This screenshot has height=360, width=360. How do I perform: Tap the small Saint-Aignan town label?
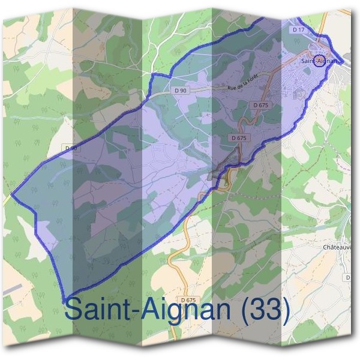click(x=318, y=61)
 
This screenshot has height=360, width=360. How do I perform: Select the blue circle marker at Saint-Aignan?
click(x=320, y=60)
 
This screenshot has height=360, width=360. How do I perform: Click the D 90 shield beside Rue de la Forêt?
click(x=179, y=90)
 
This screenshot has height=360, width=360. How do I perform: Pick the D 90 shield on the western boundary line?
click(x=71, y=147)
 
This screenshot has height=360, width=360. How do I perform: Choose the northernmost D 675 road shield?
click(x=262, y=105)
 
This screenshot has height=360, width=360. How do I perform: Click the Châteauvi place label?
click(x=341, y=247)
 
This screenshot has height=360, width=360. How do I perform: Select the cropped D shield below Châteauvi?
click(x=349, y=278)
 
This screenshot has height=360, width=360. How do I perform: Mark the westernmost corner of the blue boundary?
click(x=11, y=194)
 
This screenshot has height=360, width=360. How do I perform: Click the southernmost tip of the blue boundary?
click(x=63, y=300)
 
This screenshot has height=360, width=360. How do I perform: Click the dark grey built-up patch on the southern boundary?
click(x=216, y=175)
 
